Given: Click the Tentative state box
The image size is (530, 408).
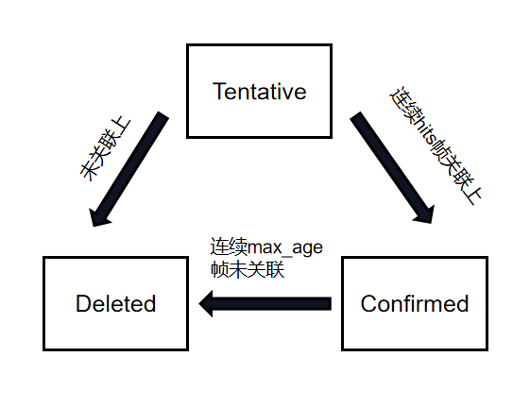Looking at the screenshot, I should (259, 91).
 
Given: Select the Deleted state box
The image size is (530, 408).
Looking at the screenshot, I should (115, 303).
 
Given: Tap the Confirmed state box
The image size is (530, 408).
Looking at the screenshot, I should (414, 303).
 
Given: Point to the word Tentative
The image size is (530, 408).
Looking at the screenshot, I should (259, 92).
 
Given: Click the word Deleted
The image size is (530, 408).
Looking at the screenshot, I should (115, 304).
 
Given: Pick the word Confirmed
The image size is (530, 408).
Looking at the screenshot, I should (415, 304).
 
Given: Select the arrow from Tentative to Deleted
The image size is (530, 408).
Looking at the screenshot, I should (128, 170).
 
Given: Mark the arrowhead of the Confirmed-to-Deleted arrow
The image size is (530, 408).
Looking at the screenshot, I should (209, 303).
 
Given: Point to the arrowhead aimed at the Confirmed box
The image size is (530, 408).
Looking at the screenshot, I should (421, 212).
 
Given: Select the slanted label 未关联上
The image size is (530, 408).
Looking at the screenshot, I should (104, 149).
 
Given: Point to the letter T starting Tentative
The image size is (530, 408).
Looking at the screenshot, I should (218, 92).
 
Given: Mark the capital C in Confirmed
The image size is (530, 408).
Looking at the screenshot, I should (368, 304).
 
